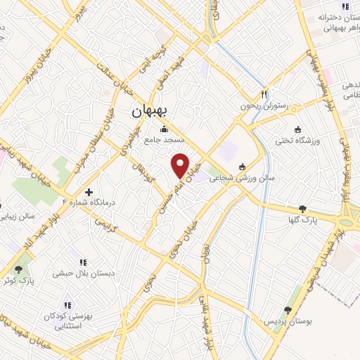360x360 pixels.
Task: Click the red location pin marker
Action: (x=181, y=165)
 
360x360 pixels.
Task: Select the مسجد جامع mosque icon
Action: (x=165, y=129)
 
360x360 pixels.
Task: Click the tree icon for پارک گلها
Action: (x=303, y=208)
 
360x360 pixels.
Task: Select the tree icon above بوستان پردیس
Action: (x=287, y=309)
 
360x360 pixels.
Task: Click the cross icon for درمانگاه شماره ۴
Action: (x=89, y=191)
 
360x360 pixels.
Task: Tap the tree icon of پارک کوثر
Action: (x=18, y=269)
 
